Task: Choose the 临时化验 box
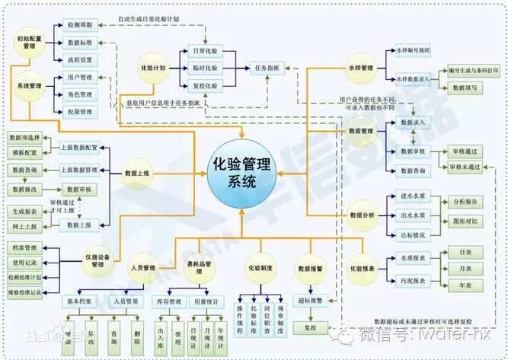pos(204,68)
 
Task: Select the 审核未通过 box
pos(465,167)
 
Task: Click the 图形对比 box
pos(465,222)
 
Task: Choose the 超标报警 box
pos(310,300)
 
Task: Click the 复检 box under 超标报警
pos(310,328)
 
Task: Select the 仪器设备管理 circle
pos(97,260)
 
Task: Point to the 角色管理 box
pos(80,94)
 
